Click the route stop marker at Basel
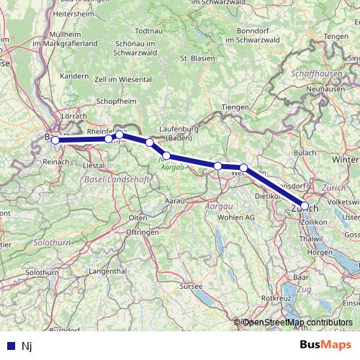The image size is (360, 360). coord(55,140)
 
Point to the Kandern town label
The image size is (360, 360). coord(73,76)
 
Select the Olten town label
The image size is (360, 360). coord(138,217)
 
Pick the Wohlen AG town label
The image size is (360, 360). coord(235,217)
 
